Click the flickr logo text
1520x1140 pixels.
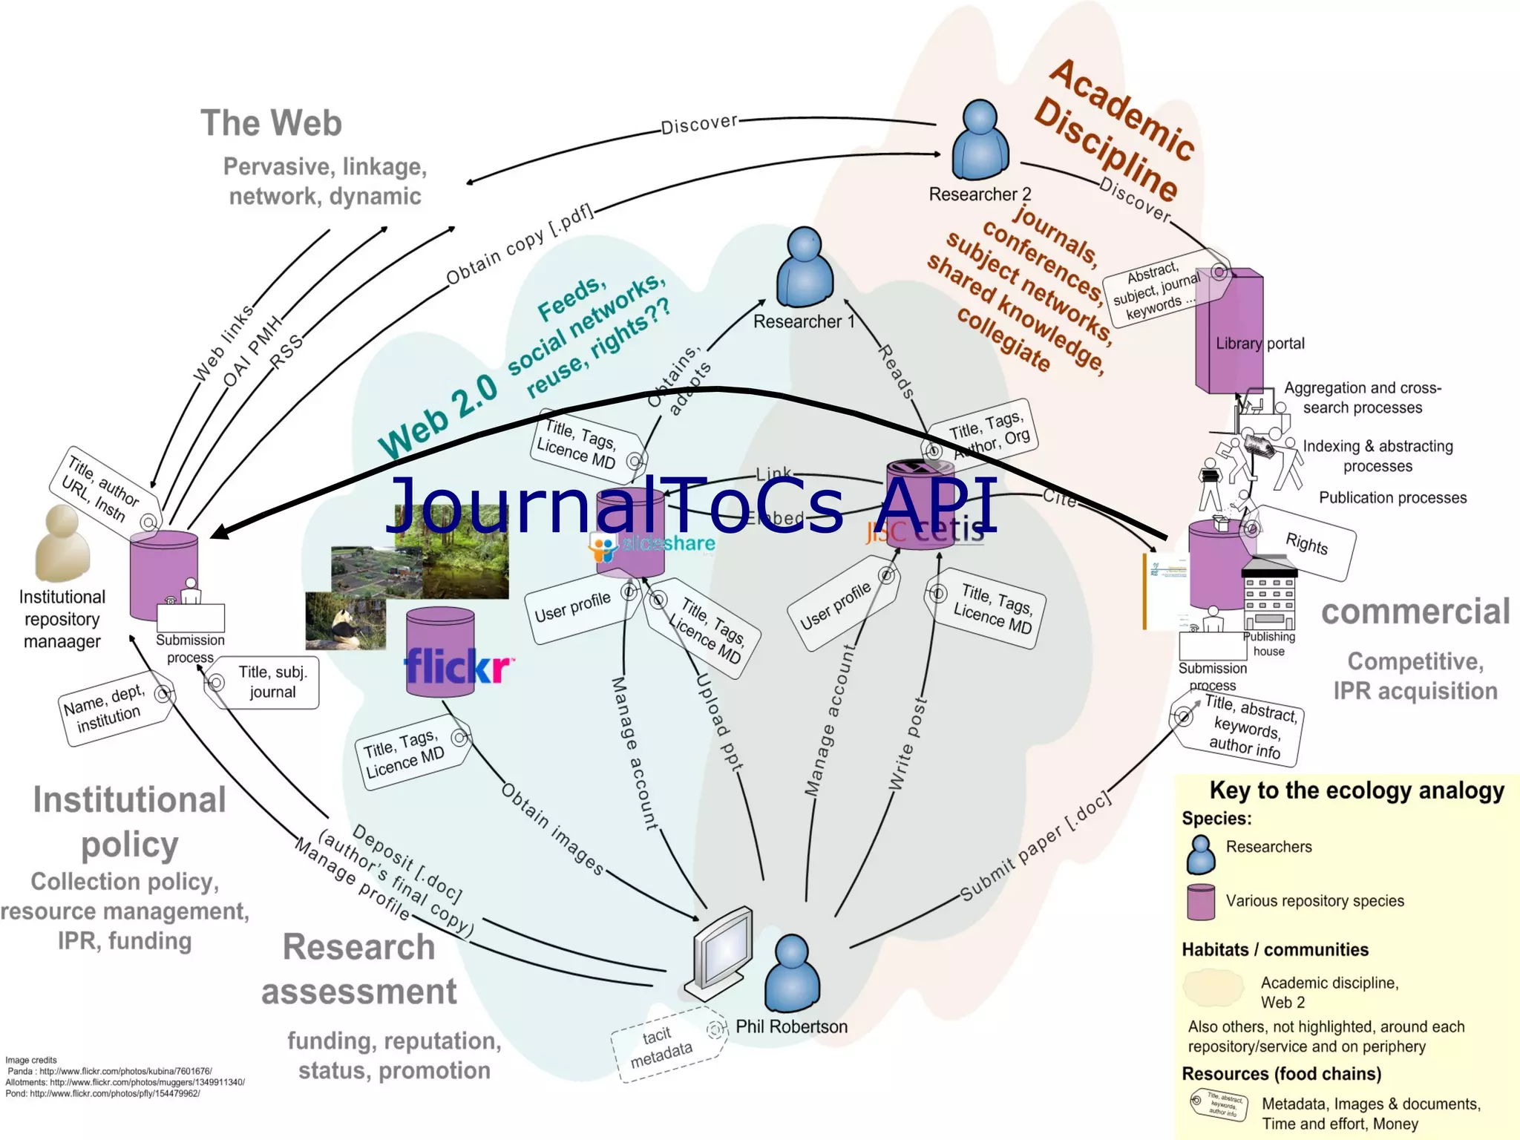click(457, 666)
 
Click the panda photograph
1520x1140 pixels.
click(345, 620)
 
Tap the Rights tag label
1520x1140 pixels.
click(1306, 543)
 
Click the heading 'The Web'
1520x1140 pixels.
click(271, 123)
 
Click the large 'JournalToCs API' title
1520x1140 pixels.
click(690, 505)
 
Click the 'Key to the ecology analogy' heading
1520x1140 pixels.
click(1356, 791)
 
